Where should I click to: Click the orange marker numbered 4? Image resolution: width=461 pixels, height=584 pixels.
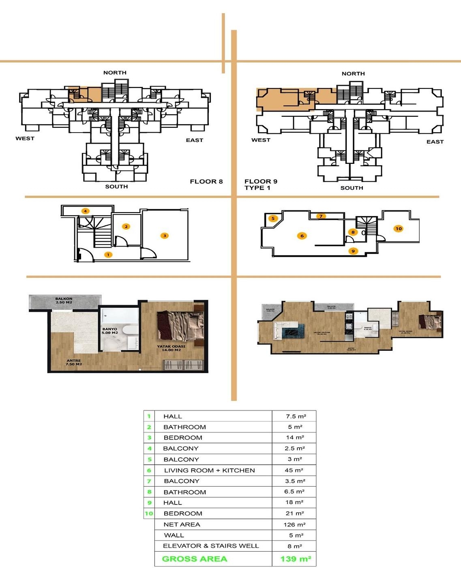(85, 211)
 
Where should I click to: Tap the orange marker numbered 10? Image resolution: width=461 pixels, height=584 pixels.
(399, 229)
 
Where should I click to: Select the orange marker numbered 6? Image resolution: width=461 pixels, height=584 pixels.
(302, 236)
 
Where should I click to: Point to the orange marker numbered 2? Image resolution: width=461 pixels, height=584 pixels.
(127, 227)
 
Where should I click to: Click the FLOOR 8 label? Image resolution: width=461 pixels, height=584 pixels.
(206, 181)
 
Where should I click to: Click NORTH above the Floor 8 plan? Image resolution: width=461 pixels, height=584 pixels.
(115, 73)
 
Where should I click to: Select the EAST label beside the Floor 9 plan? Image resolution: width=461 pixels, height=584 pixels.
(435, 142)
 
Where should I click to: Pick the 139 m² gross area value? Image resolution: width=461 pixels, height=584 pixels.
(296, 559)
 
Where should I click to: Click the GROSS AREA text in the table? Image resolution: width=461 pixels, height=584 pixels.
(195, 559)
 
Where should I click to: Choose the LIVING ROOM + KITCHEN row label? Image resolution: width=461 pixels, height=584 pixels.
(209, 470)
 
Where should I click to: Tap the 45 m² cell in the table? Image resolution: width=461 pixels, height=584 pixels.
(294, 470)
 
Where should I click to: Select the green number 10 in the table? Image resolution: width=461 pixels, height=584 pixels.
(149, 513)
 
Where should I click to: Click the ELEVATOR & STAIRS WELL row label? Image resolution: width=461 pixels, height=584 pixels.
(211, 546)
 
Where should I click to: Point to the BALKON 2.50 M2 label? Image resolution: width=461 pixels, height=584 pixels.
(64, 301)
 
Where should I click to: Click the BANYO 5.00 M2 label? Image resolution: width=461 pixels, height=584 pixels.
(109, 331)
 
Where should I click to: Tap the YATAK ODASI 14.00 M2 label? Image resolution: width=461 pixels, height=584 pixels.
(171, 348)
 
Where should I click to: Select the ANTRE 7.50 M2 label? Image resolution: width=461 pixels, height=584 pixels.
(74, 362)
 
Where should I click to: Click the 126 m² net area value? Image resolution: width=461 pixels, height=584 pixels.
(294, 524)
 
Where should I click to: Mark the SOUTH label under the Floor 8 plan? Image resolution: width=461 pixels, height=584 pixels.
(116, 187)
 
